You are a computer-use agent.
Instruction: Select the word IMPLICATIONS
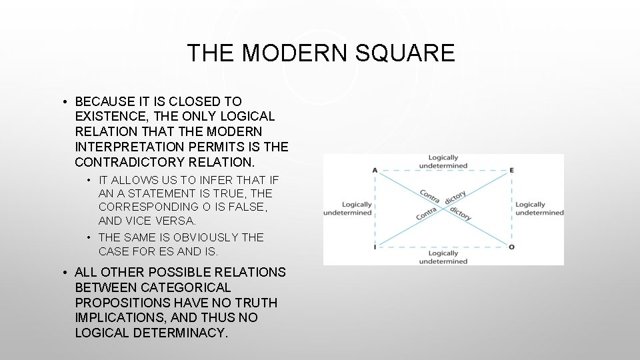(x=118, y=317)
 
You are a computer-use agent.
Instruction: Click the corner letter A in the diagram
(x=375, y=170)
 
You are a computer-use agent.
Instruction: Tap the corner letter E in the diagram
(x=511, y=170)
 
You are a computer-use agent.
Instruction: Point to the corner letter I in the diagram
(x=375, y=247)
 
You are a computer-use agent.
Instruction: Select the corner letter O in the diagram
(x=511, y=247)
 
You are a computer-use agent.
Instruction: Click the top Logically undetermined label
(x=443, y=161)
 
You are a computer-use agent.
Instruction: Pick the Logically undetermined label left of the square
(x=348, y=209)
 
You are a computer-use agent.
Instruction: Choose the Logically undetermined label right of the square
(x=539, y=209)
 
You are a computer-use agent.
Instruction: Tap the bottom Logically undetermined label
(x=443, y=257)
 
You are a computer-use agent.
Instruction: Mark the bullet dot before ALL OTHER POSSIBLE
(x=67, y=273)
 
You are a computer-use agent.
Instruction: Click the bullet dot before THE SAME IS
(x=90, y=238)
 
